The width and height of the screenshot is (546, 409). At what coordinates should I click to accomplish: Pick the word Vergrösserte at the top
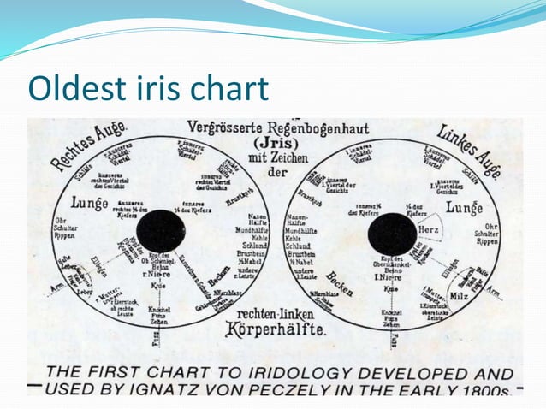(224, 127)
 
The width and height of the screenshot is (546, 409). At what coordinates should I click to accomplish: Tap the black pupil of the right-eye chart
(159, 232)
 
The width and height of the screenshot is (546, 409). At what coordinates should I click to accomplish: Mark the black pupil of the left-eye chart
(392, 234)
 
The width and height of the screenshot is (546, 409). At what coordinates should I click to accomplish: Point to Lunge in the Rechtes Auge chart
(90, 204)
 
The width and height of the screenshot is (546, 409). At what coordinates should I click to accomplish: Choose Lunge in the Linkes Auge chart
(464, 207)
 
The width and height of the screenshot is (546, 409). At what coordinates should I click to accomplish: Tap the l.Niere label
(390, 277)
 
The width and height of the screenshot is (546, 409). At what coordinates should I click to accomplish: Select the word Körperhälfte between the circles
(276, 329)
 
